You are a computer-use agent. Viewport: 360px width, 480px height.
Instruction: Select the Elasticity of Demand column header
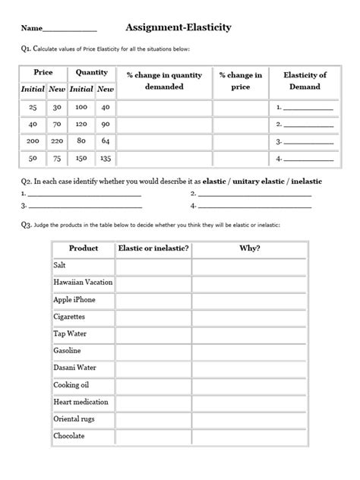point(305,81)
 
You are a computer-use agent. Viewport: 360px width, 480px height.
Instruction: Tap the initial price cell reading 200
point(32,141)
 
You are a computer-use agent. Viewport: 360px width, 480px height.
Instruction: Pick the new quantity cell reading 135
point(106,159)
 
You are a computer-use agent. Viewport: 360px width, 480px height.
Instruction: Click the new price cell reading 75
point(57,159)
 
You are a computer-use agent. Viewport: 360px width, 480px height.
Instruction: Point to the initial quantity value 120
point(81,124)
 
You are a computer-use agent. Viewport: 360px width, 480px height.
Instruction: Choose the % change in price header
point(240,81)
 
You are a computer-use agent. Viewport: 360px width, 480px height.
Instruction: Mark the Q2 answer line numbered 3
point(84,206)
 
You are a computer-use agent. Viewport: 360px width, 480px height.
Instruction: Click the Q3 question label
point(27,225)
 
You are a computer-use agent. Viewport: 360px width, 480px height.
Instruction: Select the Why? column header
point(249,248)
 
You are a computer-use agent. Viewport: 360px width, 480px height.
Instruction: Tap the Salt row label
point(60,266)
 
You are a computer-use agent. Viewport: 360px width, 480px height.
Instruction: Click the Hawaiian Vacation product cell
point(83,283)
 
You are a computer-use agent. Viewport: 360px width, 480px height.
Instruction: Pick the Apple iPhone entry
point(74,300)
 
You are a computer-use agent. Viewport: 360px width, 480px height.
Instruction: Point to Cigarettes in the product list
point(69,317)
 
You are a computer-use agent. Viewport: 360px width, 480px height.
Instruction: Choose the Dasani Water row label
point(75,368)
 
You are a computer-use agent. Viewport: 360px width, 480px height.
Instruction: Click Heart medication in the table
point(81,402)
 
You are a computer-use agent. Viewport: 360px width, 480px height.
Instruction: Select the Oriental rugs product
point(74,419)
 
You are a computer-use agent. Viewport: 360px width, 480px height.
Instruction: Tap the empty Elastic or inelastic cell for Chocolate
point(153,437)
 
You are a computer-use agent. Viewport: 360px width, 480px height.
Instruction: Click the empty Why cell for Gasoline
point(249,351)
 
